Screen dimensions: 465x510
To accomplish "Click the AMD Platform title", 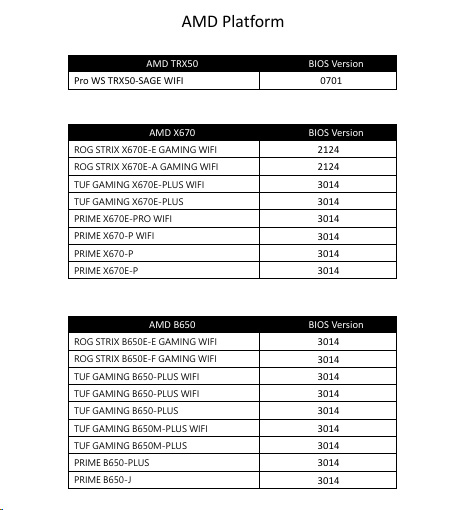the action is (232, 21).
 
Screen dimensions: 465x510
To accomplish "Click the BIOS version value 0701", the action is (329, 80).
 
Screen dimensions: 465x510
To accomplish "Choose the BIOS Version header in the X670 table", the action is (335, 132).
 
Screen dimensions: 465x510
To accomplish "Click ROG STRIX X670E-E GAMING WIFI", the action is (145, 149).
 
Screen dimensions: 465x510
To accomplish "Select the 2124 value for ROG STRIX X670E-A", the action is (329, 166).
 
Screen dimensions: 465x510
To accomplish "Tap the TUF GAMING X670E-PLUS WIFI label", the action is (139, 184).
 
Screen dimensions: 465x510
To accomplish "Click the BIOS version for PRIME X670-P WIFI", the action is (329, 236).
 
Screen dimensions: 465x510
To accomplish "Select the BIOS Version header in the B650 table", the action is (335, 324).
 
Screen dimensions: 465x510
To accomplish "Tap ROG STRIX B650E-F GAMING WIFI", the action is (145, 359).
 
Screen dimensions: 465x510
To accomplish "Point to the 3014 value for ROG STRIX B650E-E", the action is (329, 342).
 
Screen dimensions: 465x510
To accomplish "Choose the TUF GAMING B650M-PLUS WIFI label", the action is (141, 428).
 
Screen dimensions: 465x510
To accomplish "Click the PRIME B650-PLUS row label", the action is (111, 463).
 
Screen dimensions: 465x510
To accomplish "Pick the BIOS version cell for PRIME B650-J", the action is (329, 480).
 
